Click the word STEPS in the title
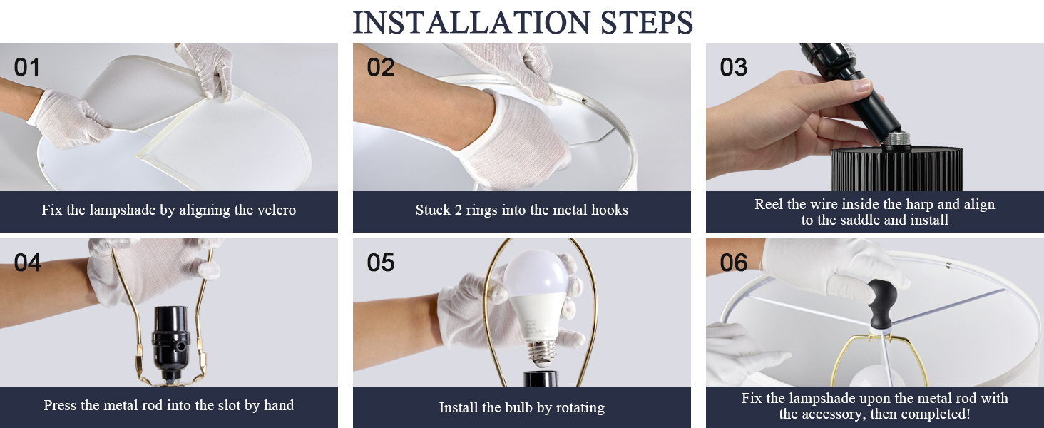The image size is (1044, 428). tap(647, 22)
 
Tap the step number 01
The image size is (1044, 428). tap(27, 68)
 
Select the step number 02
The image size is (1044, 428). tap(380, 68)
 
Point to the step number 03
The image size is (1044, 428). tap(734, 68)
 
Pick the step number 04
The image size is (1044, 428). tap(28, 263)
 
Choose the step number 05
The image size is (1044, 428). tap(380, 263)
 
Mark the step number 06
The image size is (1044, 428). tap(734, 263)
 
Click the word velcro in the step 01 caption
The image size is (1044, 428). tap(277, 210)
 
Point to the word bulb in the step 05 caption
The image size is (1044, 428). tap(519, 407)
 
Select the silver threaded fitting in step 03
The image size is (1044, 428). tap(897, 140)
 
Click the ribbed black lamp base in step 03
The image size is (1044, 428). tap(896, 169)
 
